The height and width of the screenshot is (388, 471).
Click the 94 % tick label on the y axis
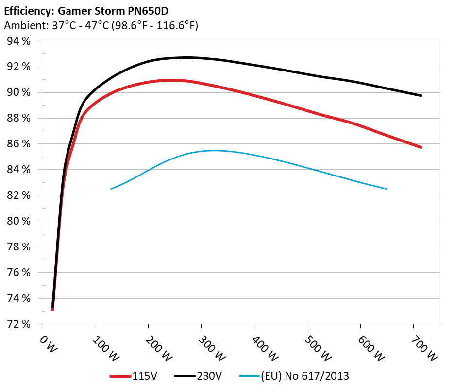[x=19, y=41]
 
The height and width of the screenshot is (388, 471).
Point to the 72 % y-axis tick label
[x=19, y=324]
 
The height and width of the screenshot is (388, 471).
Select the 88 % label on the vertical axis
[x=19, y=118]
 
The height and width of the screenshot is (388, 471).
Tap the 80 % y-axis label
[x=19, y=221]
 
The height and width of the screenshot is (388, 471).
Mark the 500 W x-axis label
[x=318, y=349]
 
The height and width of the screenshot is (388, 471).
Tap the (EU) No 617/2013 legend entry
[x=305, y=376]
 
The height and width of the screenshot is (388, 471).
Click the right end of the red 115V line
[x=421, y=147]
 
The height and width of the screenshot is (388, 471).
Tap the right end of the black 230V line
[x=421, y=96]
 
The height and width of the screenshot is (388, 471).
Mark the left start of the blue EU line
[x=111, y=189]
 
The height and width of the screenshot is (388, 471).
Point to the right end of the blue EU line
[x=387, y=189]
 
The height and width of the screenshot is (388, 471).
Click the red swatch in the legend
[x=121, y=376]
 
